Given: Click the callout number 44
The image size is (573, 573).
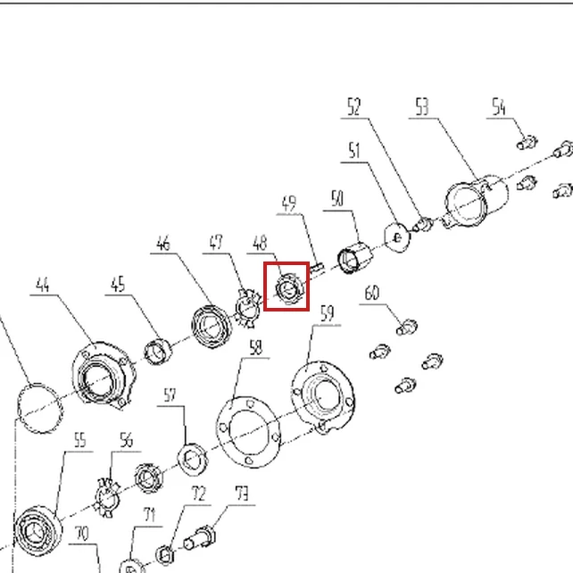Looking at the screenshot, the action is tap(43, 285).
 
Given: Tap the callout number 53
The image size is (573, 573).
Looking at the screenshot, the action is tap(422, 107).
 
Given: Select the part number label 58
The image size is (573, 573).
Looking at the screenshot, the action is tap(256, 347).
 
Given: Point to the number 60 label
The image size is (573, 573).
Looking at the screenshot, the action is tap(372, 293).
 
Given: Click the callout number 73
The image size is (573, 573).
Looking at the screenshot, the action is tap(242, 494).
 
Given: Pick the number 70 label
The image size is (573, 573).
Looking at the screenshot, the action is tap(81, 534).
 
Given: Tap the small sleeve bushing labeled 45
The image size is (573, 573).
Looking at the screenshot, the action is tap(158, 352).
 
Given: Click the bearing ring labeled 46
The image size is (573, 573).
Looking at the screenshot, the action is tap(212, 327).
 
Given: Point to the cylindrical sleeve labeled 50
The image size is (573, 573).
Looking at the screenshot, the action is tap(355, 257).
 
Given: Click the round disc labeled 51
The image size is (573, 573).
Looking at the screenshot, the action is tap(397, 237).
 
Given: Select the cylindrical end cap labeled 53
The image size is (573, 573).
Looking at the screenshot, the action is tap(476, 201).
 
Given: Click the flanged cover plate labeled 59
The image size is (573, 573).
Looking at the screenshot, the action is tap(323, 396).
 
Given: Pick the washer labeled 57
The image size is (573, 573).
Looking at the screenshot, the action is tap(192, 460).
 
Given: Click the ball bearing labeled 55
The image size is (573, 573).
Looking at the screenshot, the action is tap(37, 531).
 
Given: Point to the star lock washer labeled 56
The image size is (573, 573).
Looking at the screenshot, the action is tap(107, 497).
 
